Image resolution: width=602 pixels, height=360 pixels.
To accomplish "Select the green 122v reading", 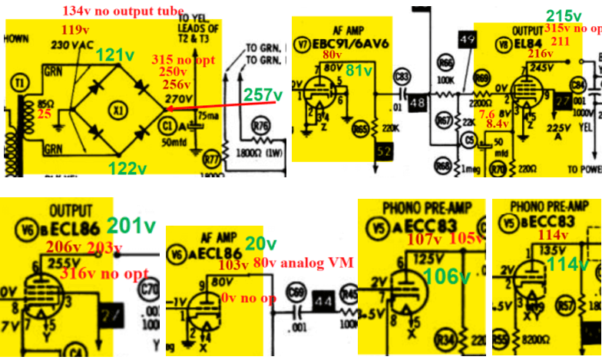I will click(127, 168).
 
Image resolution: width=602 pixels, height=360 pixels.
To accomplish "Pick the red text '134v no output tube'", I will click(124, 10).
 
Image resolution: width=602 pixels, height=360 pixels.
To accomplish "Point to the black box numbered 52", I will click(386, 154).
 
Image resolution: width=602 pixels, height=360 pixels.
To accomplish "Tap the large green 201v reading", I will click(131, 225).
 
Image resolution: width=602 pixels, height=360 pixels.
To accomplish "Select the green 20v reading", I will click(261, 243).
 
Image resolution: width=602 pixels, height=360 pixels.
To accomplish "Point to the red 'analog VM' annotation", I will click(317, 263).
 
